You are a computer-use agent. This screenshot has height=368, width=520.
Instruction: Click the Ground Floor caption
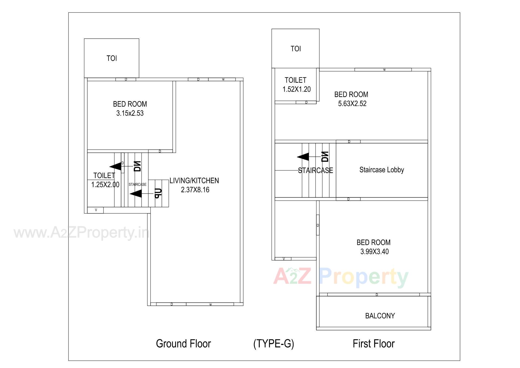click(183, 344)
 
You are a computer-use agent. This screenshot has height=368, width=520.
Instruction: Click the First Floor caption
click(373, 344)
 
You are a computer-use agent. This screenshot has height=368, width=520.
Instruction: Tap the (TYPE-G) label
click(274, 344)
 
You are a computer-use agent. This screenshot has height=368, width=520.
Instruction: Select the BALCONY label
click(380, 316)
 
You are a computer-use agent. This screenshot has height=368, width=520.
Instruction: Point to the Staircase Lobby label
click(382, 170)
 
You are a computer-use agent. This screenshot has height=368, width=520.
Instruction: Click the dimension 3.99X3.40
click(374, 252)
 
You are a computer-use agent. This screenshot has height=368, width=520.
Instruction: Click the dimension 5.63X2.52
click(352, 104)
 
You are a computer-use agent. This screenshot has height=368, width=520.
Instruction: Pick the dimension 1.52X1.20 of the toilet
click(297, 89)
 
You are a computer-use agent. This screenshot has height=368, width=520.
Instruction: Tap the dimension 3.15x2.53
click(130, 113)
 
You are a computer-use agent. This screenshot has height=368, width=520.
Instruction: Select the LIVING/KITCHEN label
click(194, 181)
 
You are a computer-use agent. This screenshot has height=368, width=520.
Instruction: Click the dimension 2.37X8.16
click(195, 190)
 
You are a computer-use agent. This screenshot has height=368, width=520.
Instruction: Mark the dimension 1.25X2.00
click(105, 185)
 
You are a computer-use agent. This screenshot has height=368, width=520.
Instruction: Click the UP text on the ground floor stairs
click(158, 193)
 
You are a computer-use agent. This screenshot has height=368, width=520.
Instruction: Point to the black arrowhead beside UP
click(136, 194)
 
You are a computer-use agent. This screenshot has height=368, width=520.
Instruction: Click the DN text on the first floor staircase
click(325, 156)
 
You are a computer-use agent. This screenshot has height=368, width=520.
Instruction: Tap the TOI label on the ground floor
click(112, 58)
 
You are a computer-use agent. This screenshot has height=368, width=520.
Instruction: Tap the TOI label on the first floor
click(295, 49)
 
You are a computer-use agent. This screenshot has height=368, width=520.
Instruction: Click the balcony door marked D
click(376, 295)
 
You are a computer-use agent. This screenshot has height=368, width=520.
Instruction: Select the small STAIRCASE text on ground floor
click(137, 184)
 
